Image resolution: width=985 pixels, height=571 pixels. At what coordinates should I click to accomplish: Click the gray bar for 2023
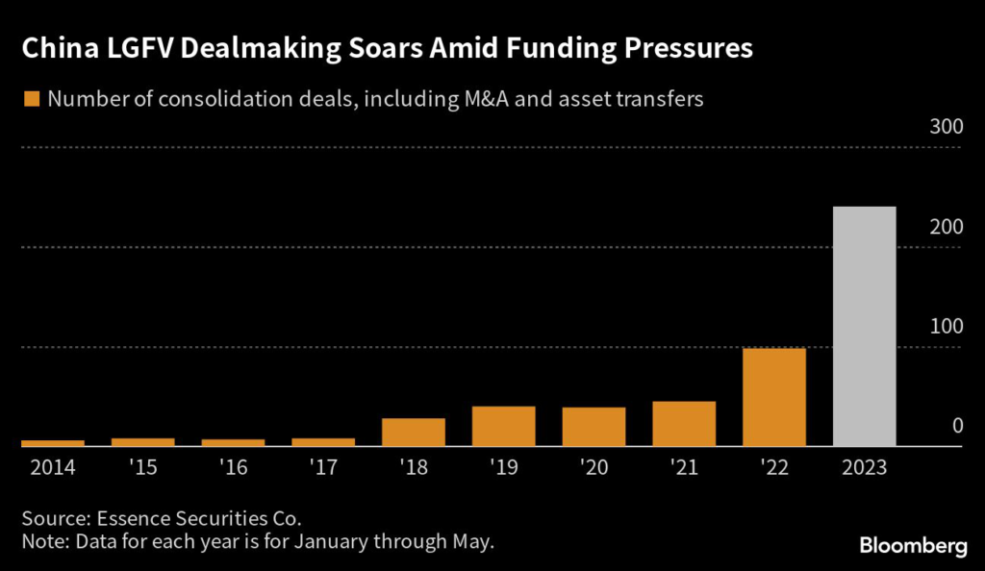pos(864,326)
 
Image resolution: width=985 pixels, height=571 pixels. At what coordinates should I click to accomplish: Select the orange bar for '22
pos(774,397)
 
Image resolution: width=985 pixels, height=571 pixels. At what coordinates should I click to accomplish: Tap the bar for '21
pos(684,424)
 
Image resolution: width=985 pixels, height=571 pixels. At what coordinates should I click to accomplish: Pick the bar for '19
pos(503,426)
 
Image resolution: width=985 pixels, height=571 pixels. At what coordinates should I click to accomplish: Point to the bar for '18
pos(414,432)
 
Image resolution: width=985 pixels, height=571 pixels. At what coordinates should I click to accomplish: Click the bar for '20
pos(594,427)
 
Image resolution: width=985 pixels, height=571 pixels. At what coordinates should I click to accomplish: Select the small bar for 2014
pos(53,443)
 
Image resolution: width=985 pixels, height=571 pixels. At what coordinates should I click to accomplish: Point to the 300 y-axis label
pos(944,129)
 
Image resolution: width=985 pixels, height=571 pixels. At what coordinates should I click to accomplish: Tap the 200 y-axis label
pos(944,228)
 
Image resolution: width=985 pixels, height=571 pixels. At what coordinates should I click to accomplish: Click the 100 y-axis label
pos(944,327)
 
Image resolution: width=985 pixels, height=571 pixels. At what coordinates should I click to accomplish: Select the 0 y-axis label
pos(956,426)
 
